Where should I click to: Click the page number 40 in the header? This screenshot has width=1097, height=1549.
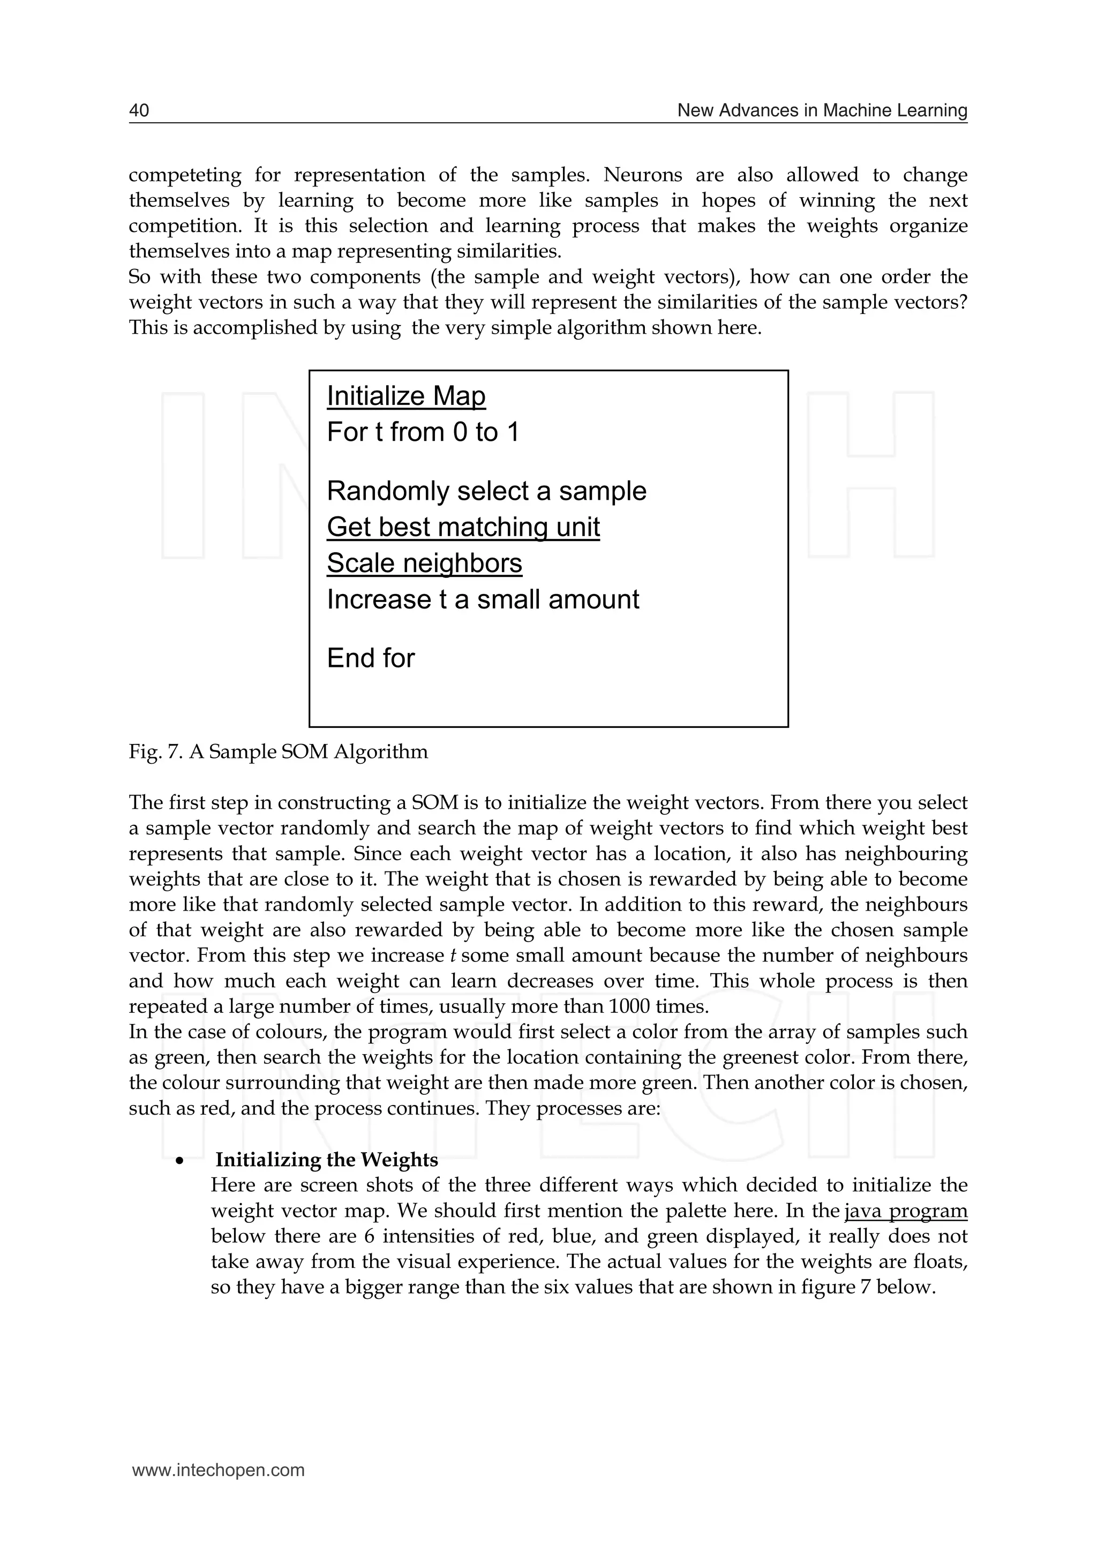click(x=139, y=110)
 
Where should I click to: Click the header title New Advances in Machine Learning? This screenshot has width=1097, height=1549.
click(x=822, y=110)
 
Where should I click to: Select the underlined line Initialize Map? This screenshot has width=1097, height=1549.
click(x=406, y=396)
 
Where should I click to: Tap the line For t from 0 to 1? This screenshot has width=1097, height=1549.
click(x=423, y=432)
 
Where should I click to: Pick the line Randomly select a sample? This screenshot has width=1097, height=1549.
click(x=486, y=491)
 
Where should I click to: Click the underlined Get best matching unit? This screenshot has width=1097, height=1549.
click(x=463, y=527)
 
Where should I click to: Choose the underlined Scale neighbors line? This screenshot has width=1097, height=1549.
click(x=424, y=563)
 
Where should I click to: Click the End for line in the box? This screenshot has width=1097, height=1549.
click(x=370, y=658)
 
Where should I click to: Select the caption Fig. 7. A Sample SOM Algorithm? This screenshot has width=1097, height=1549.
click(x=279, y=751)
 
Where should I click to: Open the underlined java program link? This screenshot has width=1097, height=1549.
click(x=906, y=1210)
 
